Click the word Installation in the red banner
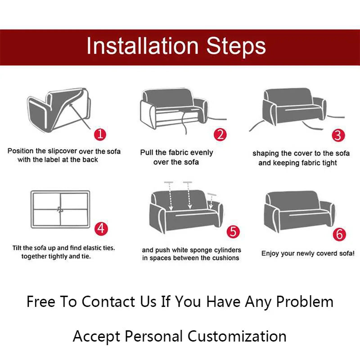click(x=142, y=46)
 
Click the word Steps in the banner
click(x=236, y=47)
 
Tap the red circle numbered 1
click(x=100, y=134)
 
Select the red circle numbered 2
click(x=220, y=135)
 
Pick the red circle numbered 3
click(x=338, y=135)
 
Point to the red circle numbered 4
click(x=101, y=229)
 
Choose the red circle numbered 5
click(x=233, y=231)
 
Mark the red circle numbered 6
click(x=339, y=235)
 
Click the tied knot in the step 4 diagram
click(x=60, y=209)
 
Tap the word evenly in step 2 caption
click(x=202, y=153)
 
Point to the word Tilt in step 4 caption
click(x=17, y=248)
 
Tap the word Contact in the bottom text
click(x=108, y=301)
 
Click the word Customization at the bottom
click(x=237, y=336)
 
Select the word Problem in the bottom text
click(x=305, y=301)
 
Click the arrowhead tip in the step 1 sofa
click(x=70, y=104)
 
